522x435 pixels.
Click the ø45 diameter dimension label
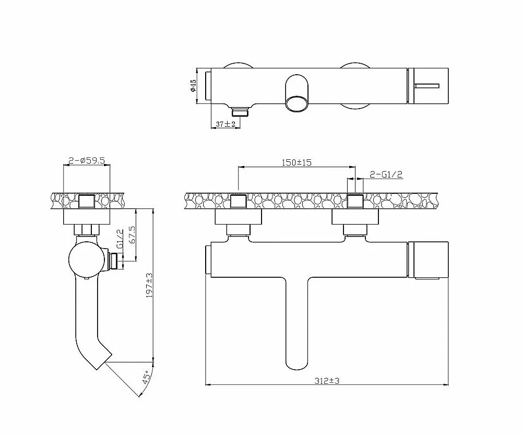[193, 86]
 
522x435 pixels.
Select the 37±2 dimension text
[226, 124]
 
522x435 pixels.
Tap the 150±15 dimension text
[296, 162]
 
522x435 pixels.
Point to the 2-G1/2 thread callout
[386, 174]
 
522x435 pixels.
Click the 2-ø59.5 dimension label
[87, 160]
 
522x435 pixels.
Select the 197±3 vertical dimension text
[149, 285]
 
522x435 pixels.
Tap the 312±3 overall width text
[327, 381]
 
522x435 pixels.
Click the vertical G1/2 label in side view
[120, 239]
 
